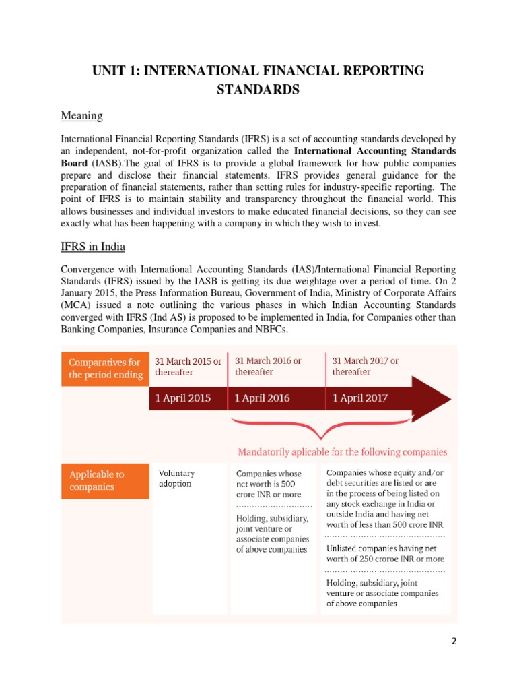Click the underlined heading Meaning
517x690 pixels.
[81, 116]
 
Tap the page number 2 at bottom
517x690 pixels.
[454, 642]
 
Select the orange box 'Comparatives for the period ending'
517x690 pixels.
[104, 368]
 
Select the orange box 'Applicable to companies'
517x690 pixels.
[104, 480]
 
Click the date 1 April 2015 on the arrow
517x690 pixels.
[183, 398]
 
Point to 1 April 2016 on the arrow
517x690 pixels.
[263, 398]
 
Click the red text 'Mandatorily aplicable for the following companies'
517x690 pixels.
[343, 451]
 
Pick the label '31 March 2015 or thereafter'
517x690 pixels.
[188, 366]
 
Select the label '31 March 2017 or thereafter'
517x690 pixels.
[366, 366]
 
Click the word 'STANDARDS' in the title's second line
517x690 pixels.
[258, 90]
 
